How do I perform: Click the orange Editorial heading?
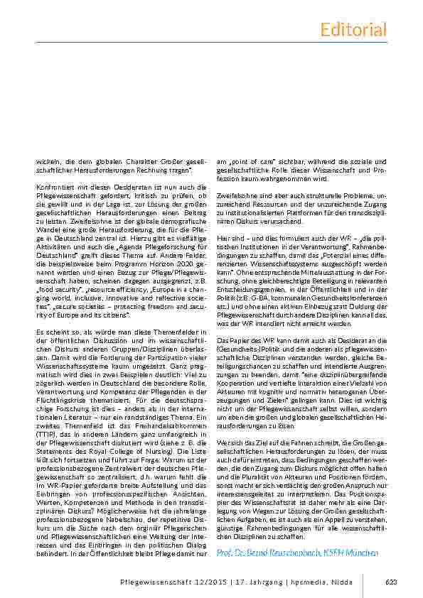coord(353,29)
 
